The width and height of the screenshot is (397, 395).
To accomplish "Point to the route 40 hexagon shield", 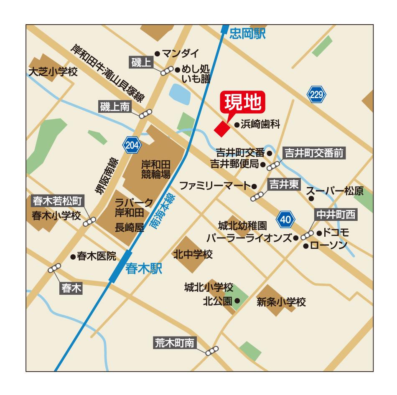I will pyautogui.click(x=285, y=219).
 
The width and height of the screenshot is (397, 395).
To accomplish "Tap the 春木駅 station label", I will pyautogui.click(x=143, y=268).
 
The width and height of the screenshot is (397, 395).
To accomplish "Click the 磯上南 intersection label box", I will pyautogui.click(x=115, y=107).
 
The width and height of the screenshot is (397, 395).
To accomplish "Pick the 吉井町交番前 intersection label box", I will pyautogui.click(x=314, y=153).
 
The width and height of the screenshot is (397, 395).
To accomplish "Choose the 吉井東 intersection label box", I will pyautogui.click(x=283, y=184).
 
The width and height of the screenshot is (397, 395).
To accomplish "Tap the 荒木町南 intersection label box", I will pyautogui.click(x=175, y=343).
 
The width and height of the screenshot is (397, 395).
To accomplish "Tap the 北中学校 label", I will pyautogui.click(x=193, y=254).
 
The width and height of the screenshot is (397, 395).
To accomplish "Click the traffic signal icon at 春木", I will pyautogui.click(x=54, y=268).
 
